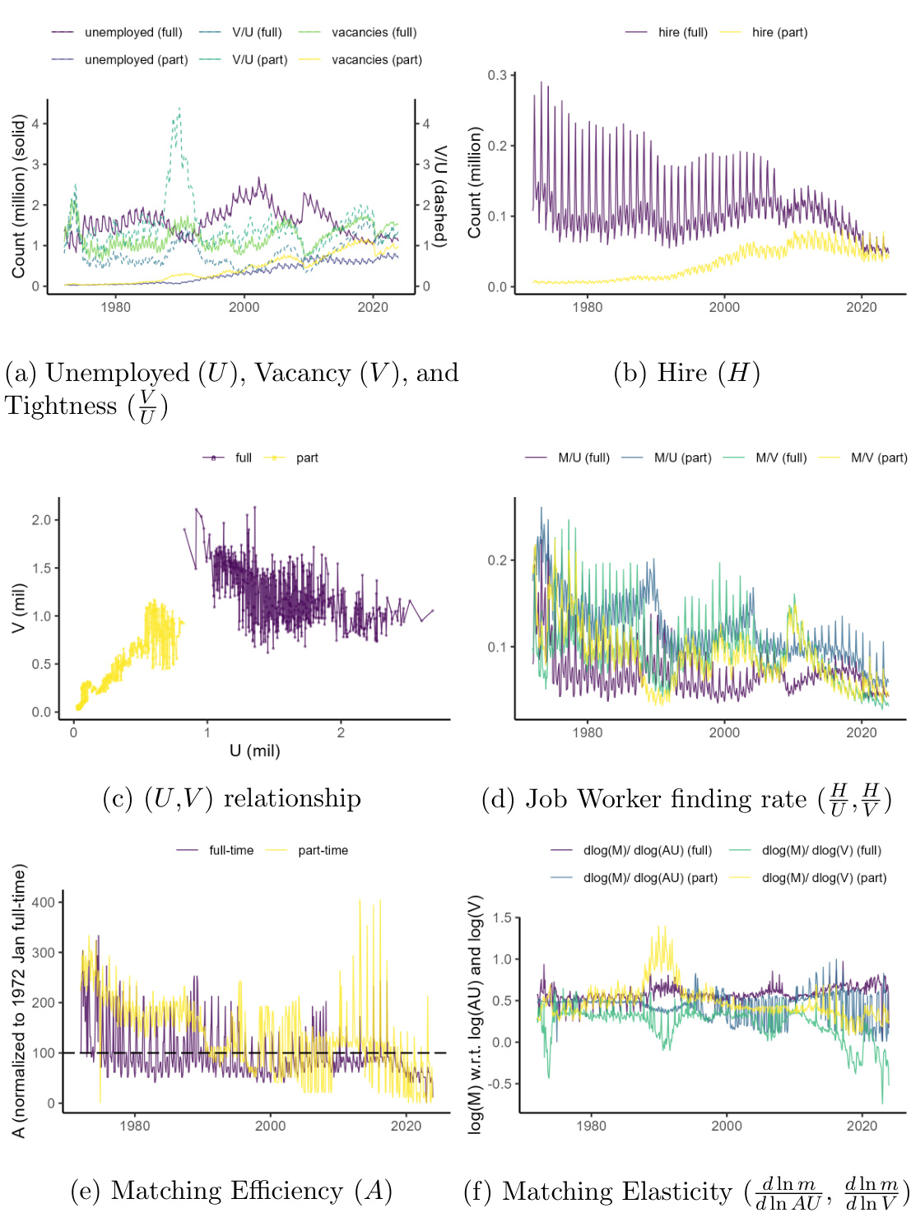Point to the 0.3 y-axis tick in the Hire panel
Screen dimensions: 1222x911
(x=498, y=75)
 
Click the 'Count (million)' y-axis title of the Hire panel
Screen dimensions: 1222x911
(x=475, y=183)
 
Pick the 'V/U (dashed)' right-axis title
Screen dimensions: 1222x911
(x=440, y=195)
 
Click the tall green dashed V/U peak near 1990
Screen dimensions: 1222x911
(x=179, y=109)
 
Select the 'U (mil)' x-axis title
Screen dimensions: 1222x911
(x=255, y=750)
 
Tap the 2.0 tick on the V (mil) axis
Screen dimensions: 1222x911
(x=41, y=520)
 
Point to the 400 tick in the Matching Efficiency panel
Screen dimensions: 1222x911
(x=43, y=902)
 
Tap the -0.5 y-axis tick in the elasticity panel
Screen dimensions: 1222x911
(x=500, y=1084)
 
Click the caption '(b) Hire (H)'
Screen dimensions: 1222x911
(x=686, y=373)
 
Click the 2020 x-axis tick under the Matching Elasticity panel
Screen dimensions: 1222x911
(x=862, y=1126)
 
